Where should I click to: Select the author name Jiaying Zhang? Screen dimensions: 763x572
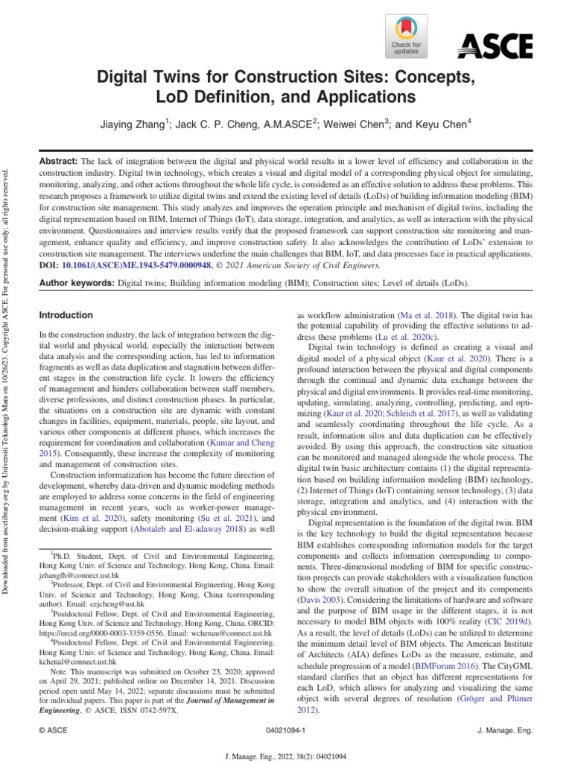[131, 125]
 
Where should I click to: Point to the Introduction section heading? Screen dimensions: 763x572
[66, 315]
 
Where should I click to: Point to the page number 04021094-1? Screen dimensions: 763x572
[285, 731]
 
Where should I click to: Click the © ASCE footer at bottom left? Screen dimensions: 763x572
[54, 731]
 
